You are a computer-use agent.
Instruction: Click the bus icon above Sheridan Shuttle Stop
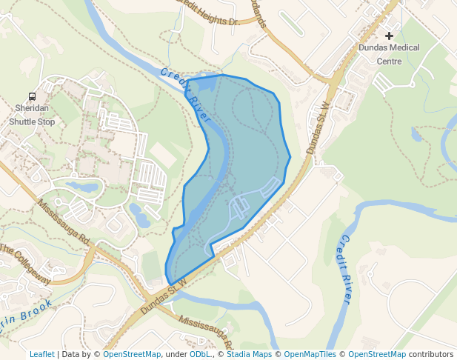pyautogui.click(x=32, y=96)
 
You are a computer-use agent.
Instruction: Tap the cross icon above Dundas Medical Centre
pyautogui.click(x=389, y=36)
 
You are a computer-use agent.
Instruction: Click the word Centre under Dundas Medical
pyautogui.click(x=389, y=61)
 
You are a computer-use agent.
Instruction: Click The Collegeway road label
pyautogui.click(x=26, y=264)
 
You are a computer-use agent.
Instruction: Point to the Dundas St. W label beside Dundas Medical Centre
pyautogui.click(x=318, y=128)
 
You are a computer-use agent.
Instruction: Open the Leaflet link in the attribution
pyautogui.click(x=42, y=354)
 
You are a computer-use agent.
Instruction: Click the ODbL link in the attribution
pyautogui.click(x=200, y=354)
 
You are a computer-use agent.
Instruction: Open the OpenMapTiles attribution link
pyautogui.click(x=310, y=354)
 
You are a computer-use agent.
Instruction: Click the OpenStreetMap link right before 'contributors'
pyautogui.click(x=377, y=354)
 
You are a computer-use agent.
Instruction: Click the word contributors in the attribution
pyautogui.click(x=431, y=354)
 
